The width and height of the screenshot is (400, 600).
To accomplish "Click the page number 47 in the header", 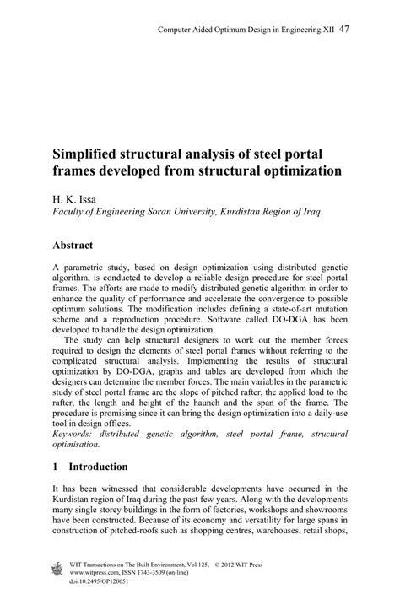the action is point(343,29).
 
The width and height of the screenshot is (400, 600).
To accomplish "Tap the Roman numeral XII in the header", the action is point(326,30).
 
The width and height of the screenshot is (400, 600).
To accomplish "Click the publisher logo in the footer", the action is point(57,569).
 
